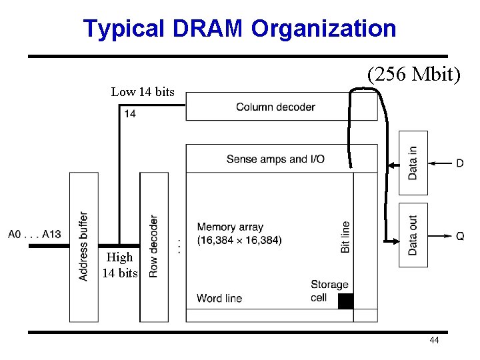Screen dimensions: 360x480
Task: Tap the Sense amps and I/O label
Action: pyautogui.click(x=275, y=159)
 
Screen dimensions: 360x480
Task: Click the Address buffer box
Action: pyautogui.click(x=83, y=247)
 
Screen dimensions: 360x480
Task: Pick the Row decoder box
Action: pyautogui.click(x=153, y=247)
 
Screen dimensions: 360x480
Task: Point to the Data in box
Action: pyautogui.click(x=413, y=163)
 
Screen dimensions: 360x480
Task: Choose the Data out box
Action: pyautogui.click(x=413, y=235)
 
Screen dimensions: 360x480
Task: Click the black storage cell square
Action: pyautogui.click(x=345, y=301)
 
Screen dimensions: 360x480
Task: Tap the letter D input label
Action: pyautogui.click(x=460, y=163)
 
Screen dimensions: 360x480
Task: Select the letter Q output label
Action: pyautogui.click(x=460, y=236)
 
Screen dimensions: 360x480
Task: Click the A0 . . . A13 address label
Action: pyautogui.click(x=35, y=234)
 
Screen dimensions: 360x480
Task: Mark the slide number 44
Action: pyautogui.click(x=434, y=341)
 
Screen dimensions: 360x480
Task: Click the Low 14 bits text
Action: pyautogui.click(x=143, y=92)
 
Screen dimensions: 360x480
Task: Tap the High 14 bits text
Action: pyautogui.click(x=120, y=265)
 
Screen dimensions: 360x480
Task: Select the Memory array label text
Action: pyautogui.click(x=230, y=227)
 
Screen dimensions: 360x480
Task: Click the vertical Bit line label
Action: pyautogui.click(x=345, y=237)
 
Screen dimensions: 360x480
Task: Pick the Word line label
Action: pyautogui.click(x=219, y=298)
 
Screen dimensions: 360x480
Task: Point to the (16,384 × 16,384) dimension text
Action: pyautogui.click(x=239, y=240)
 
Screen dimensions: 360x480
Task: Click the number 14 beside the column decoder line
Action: pyautogui.click(x=130, y=114)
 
